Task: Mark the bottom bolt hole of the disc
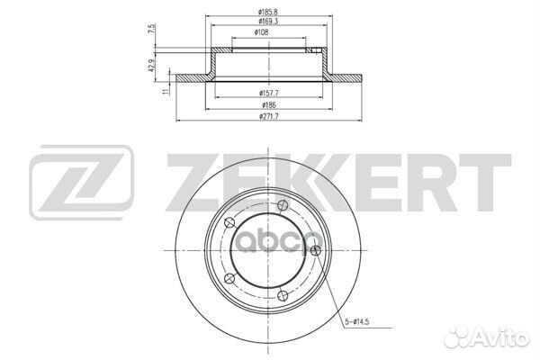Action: pos(283,293)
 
